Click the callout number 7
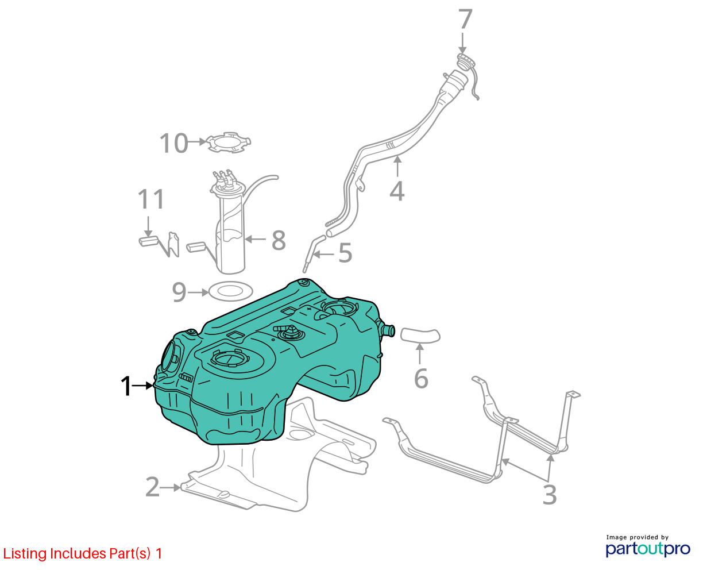(x=465, y=21)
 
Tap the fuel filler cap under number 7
(x=466, y=61)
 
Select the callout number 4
(x=397, y=191)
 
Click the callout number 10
(x=173, y=143)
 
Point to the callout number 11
(x=151, y=200)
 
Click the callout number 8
(x=279, y=240)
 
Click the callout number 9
(x=179, y=292)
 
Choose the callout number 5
(x=345, y=253)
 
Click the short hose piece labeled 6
(x=420, y=334)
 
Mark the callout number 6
(x=421, y=379)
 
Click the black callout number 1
(x=126, y=387)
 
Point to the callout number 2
(x=152, y=487)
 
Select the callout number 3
(x=549, y=495)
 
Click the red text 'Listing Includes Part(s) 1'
(x=83, y=554)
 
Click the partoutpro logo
(x=648, y=548)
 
